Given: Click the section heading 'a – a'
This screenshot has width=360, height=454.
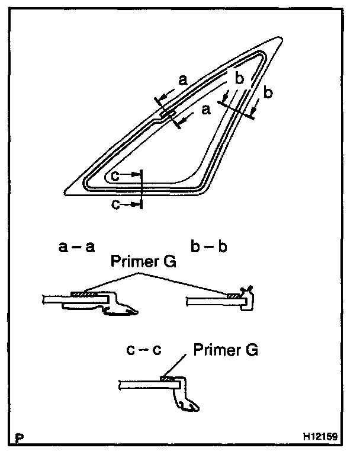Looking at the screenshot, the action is [x=76, y=247].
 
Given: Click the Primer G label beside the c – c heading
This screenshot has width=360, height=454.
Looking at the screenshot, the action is [x=226, y=350].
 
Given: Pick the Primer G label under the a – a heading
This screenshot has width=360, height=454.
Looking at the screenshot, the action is [x=142, y=261].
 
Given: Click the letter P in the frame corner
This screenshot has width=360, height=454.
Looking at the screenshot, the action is [x=21, y=439].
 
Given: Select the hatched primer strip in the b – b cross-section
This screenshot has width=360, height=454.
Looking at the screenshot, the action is [x=235, y=295].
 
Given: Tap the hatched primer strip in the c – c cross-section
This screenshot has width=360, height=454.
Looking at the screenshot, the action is [x=168, y=378].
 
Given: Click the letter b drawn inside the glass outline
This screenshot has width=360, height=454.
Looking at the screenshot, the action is [x=238, y=78].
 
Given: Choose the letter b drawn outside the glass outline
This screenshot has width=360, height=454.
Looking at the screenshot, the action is [x=268, y=93].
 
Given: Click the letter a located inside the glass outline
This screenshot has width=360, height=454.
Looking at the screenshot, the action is [x=206, y=110].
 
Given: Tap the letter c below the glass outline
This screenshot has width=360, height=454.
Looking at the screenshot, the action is [x=116, y=204].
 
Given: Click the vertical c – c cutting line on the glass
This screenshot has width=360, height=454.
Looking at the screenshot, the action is [x=143, y=190].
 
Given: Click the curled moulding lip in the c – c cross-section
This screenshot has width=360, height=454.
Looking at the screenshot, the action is [x=188, y=406].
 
